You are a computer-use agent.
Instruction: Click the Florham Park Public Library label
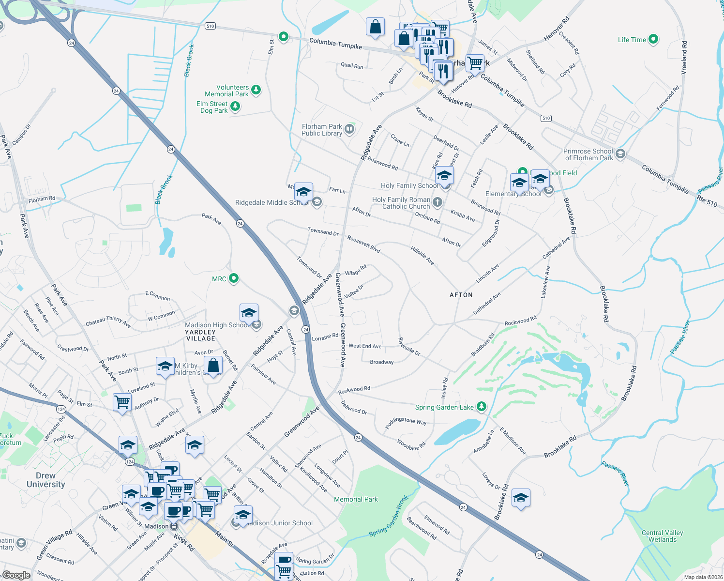322,130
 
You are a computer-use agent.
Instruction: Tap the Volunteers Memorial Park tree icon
256,90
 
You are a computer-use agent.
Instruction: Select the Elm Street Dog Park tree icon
235,106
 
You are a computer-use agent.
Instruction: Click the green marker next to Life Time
653,39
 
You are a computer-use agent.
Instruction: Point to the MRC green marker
234,278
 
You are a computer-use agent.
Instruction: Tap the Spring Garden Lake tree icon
481,406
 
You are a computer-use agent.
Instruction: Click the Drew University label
45,480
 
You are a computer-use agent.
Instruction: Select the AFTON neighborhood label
461,295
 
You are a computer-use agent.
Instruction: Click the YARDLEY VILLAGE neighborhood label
200,335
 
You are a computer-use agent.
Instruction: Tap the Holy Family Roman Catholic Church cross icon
437,202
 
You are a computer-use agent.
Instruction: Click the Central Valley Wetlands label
662,536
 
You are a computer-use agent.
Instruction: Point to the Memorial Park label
356,499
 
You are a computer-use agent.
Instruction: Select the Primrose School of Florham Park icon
621,154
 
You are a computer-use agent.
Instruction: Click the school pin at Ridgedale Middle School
303,192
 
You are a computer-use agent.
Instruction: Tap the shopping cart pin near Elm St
122,402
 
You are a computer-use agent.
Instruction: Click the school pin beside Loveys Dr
521,498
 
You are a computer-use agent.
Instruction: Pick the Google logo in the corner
16,575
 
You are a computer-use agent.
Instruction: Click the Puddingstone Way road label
406,421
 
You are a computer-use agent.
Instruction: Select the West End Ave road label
365,346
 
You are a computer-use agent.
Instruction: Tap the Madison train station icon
174,526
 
